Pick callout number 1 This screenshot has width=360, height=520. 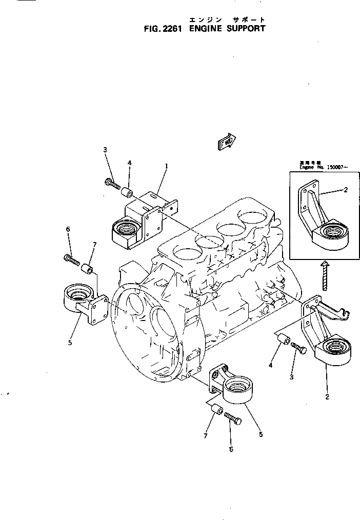tap(166, 166)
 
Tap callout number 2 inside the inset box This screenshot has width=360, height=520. tap(345, 190)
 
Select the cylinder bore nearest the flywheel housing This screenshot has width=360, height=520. tap(185, 251)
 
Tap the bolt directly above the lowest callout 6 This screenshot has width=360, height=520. tap(233, 421)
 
